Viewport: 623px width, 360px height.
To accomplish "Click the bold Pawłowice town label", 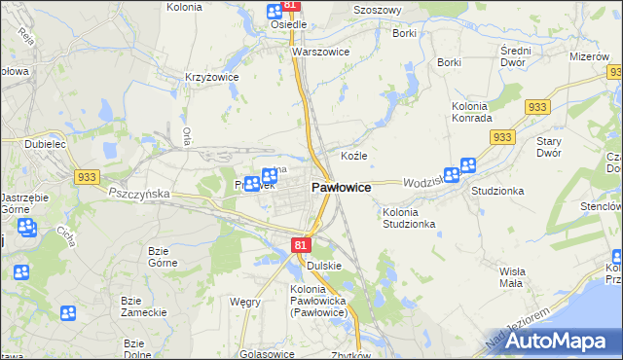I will coord(340,187).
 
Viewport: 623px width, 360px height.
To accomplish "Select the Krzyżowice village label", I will coord(212,77).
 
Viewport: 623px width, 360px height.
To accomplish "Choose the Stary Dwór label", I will coord(549,147).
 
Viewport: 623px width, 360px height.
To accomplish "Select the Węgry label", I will coord(244,303).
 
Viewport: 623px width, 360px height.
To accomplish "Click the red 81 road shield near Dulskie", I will coord(300,247).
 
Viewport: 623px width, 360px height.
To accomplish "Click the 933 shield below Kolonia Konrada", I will coord(502,138).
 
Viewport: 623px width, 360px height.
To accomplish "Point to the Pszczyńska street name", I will coord(138,194).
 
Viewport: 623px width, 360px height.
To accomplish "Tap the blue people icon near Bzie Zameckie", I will coord(68,313).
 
